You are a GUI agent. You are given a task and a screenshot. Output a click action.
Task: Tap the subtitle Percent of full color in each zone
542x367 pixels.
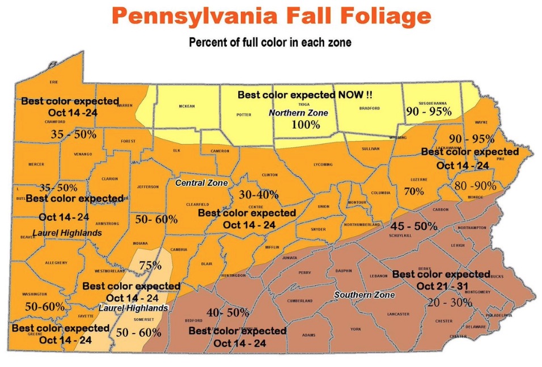(270, 42)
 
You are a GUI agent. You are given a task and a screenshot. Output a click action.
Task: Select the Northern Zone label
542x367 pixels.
(298, 113)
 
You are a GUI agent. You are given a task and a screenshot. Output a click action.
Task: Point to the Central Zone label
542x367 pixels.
(201, 183)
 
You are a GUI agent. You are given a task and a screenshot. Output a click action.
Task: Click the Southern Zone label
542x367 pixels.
(365, 295)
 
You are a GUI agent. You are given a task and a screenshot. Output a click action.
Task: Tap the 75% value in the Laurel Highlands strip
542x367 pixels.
(150, 265)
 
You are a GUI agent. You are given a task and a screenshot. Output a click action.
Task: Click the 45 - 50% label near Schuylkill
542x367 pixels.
(414, 226)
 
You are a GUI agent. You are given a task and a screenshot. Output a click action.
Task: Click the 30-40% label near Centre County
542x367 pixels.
(259, 194)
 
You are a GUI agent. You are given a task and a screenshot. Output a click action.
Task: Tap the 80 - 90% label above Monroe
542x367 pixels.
(475, 186)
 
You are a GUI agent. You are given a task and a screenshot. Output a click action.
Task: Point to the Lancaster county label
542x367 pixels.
(398, 314)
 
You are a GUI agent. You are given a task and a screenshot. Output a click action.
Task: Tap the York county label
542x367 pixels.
(355, 328)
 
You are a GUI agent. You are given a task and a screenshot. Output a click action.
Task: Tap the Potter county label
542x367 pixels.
(243, 114)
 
